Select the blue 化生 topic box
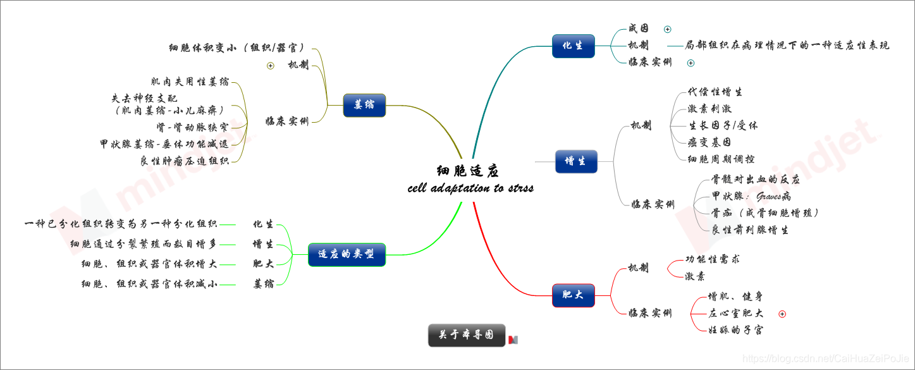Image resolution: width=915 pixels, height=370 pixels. [x=573, y=46]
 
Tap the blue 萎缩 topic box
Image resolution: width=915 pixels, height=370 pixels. [x=364, y=105]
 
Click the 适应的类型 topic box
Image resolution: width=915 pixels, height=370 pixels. [x=346, y=254]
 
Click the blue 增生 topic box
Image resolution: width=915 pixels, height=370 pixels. [x=575, y=161]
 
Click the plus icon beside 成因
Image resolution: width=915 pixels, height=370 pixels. [x=668, y=29]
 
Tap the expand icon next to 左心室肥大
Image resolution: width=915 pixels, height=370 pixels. [x=782, y=314]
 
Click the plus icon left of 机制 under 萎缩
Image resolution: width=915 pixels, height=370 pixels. [x=271, y=65]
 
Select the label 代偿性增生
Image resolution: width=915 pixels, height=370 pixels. [x=715, y=92]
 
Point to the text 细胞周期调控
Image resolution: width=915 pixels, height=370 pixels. [x=721, y=159]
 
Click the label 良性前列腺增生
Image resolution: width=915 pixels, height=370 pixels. [x=750, y=230]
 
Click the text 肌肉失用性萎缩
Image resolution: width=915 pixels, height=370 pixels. [x=190, y=82]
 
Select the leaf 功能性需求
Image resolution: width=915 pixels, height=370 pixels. [x=713, y=259]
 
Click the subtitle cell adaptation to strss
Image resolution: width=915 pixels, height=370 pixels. [x=470, y=188]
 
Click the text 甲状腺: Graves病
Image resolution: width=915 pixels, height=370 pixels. [x=751, y=197]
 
